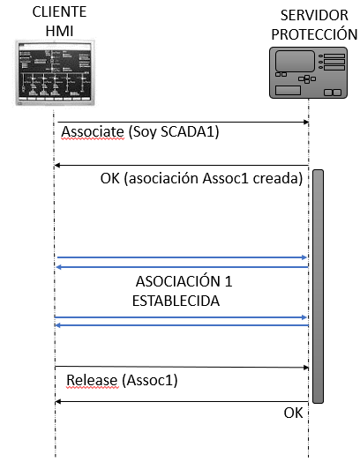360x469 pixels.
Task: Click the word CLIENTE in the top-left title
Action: click(59, 12)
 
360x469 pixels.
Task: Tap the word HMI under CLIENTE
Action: click(59, 31)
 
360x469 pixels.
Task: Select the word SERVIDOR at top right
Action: click(314, 16)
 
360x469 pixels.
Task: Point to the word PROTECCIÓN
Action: click(314, 34)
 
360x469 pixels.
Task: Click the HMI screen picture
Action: click(56, 72)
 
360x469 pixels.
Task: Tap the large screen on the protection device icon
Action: click(295, 61)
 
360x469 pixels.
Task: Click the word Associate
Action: click(93, 132)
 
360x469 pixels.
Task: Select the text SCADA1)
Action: click(190, 132)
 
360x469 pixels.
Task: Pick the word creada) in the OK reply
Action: click(278, 179)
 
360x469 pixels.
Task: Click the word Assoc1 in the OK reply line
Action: click(225, 179)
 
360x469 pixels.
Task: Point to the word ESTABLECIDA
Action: click(176, 301)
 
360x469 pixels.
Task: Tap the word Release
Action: click(92, 381)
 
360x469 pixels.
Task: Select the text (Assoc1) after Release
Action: click(150, 381)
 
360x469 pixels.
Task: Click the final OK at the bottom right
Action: click(293, 413)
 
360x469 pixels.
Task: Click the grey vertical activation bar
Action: click(318, 287)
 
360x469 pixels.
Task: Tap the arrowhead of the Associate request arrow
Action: click(306, 122)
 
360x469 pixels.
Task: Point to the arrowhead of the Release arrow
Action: click(306, 368)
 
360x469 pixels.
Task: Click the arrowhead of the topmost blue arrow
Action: click(304, 257)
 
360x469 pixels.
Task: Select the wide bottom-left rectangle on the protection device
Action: click(288, 90)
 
